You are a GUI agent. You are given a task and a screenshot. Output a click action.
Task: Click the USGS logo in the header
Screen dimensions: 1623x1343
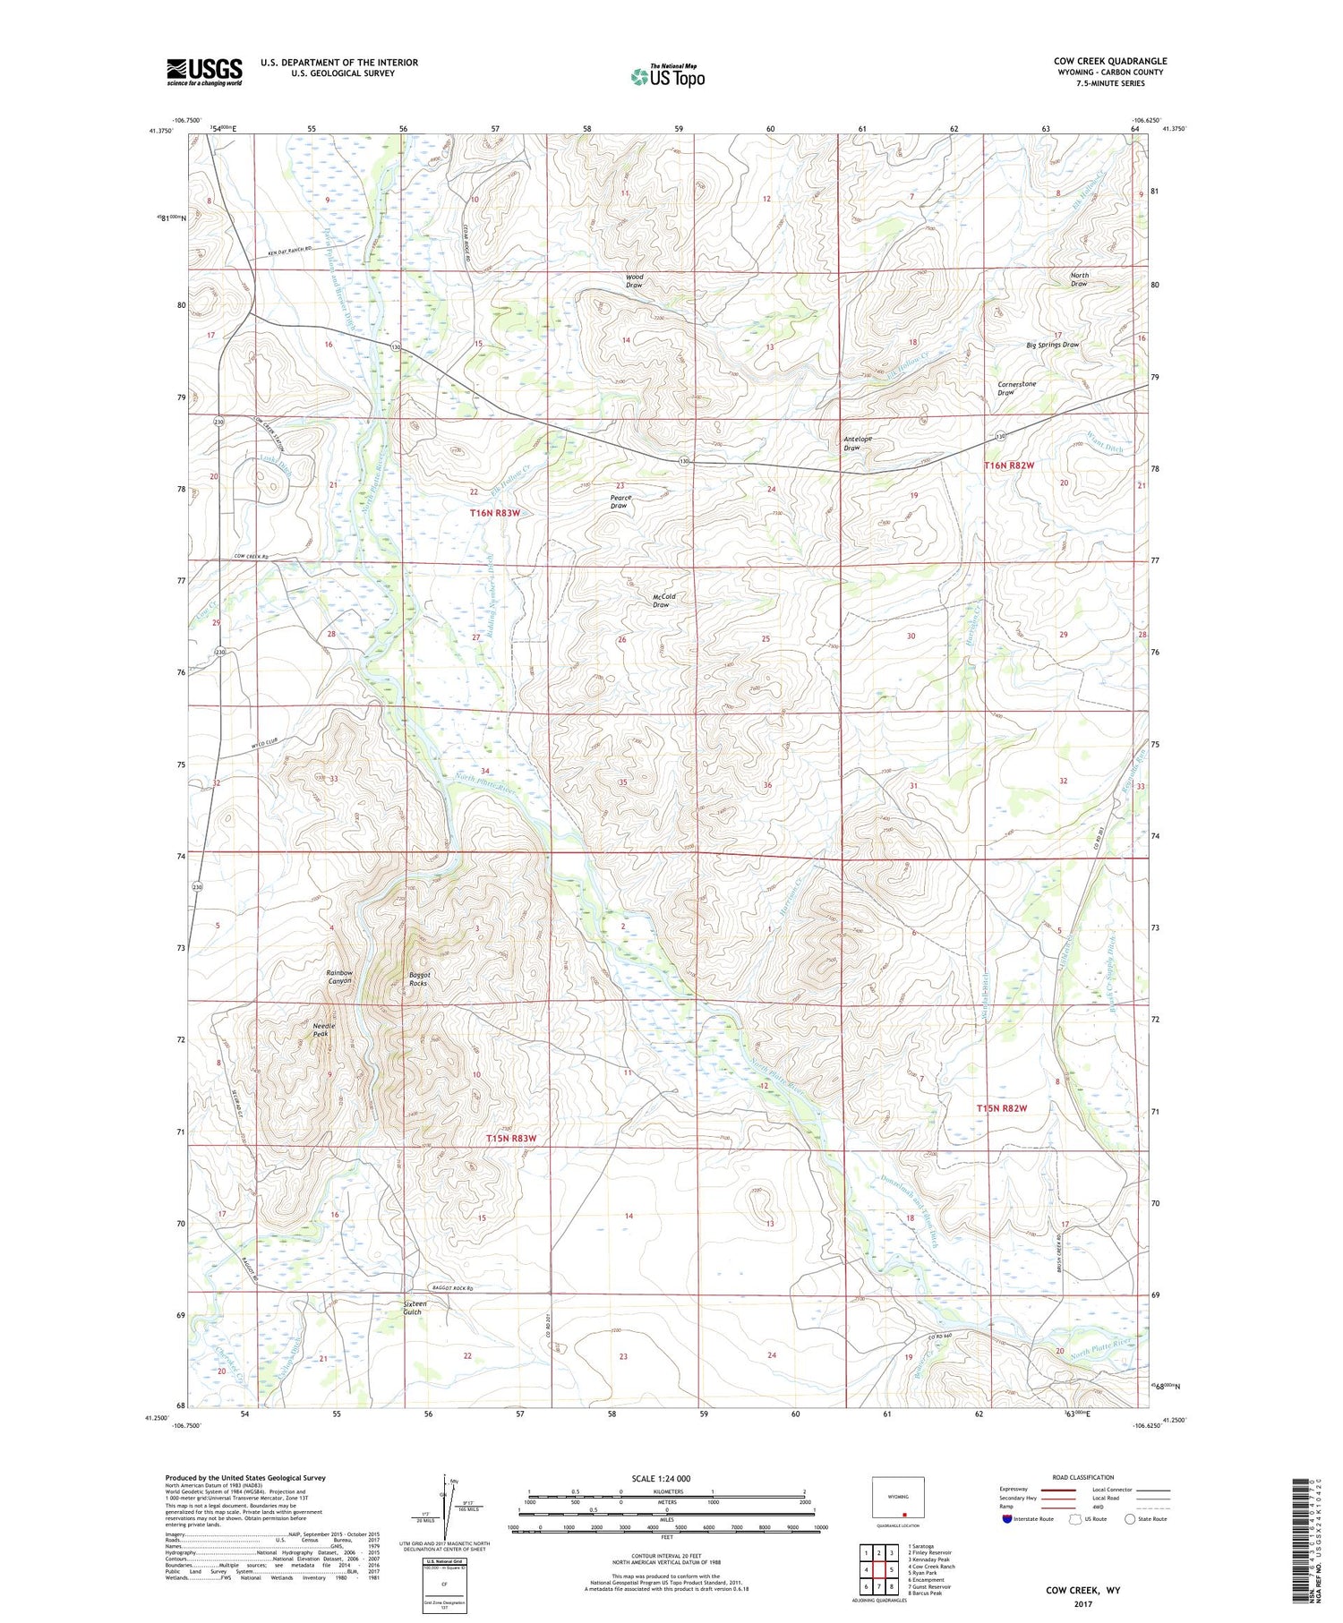click(x=204, y=72)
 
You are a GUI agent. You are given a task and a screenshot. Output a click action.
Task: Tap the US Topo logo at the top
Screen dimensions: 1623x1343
click(x=668, y=77)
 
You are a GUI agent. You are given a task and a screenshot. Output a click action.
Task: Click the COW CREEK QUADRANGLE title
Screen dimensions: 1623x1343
click(x=1109, y=61)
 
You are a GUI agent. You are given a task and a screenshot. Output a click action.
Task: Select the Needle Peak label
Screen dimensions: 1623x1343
click(x=321, y=1029)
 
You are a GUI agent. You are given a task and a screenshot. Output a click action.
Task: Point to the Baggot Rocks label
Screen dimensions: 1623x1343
click(x=418, y=978)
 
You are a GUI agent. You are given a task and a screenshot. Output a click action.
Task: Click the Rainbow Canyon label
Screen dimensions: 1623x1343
click(x=339, y=977)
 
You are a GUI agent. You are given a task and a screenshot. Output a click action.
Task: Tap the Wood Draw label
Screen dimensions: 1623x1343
click(x=634, y=281)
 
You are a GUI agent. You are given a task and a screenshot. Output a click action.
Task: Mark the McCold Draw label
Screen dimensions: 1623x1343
click(x=662, y=601)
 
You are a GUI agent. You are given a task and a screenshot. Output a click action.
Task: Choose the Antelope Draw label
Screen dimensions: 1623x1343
click(x=858, y=443)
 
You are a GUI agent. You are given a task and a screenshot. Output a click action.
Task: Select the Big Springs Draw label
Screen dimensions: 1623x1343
click(x=1052, y=345)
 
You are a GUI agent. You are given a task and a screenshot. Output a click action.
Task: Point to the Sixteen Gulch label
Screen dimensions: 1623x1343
click(x=415, y=1308)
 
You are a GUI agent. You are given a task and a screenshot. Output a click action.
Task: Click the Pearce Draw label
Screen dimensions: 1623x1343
click(x=620, y=501)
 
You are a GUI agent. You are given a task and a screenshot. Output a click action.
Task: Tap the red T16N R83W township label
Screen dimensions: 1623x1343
click(x=495, y=513)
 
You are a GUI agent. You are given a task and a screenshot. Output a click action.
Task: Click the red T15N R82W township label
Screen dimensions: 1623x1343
click(x=1001, y=1108)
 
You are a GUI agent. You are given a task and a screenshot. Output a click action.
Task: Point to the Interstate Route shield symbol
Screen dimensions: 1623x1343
click(x=1006, y=1519)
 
